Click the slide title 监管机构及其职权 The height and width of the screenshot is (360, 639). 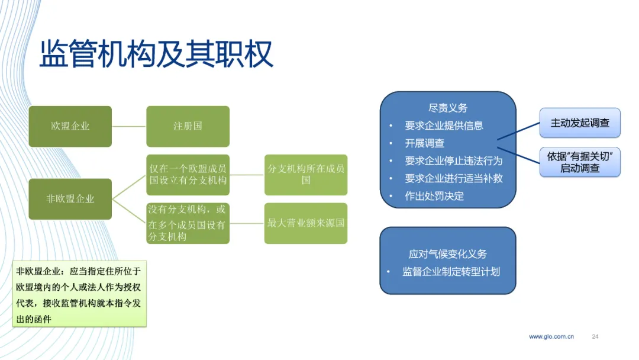coord(156,54)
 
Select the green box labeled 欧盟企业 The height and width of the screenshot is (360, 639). coord(70,126)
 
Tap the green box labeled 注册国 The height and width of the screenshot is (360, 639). coord(188,126)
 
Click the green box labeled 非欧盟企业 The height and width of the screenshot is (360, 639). coord(70,199)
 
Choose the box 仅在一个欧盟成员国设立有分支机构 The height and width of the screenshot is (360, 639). coord(188,175)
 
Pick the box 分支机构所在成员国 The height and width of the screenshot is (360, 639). coord(306,175)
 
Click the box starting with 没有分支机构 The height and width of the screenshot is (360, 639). coord(188,223)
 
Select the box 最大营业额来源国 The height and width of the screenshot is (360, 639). coord(306,223)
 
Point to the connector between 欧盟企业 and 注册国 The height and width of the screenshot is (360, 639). coord(129,126)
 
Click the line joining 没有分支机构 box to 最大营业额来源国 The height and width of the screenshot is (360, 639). coord(247,223)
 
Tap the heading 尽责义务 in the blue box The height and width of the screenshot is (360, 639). coord(448,108)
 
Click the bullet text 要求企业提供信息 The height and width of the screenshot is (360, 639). coord(444,126)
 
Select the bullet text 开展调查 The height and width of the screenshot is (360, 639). coord(424,143)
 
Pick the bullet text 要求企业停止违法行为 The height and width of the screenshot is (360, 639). coord(454,160)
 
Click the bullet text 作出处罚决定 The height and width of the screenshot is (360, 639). coord(434,196)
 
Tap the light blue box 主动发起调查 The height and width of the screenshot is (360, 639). coord(580,123)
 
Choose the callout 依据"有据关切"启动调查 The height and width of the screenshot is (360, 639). coord(580,162)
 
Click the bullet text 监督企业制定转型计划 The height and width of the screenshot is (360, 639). coord(451,272)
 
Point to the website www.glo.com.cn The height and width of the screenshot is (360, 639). coord(551,336)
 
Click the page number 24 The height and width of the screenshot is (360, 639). coord(595,336)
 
